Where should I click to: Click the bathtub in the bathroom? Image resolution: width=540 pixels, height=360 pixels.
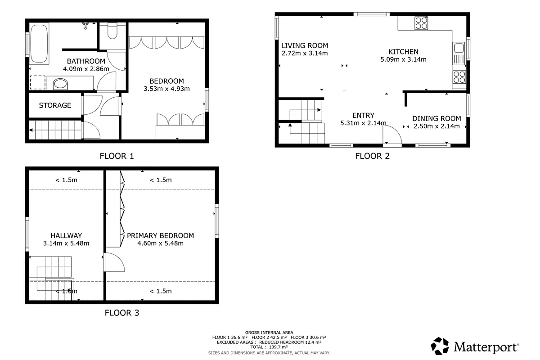(x=39, y=43)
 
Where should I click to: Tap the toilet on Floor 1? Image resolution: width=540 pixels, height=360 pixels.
(x=112, y=31)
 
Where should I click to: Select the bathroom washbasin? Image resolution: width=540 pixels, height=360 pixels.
(x=60, y=84)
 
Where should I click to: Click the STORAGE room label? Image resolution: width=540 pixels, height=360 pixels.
(x=55, y=105)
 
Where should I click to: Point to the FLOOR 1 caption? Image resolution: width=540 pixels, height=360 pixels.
(x=117, y=156)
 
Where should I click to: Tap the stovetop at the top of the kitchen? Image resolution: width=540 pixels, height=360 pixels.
(x=421, y=23)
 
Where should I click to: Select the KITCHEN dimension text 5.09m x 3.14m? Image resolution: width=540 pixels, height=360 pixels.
(x=403, y=59)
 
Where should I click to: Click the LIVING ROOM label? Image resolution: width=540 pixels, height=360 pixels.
(x=305, y=45)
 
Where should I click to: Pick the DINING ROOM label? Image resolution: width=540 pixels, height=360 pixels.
(x=436, y=119)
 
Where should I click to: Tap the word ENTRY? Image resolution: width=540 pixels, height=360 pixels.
(x=363, y=115)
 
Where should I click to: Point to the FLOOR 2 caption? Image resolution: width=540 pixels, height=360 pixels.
(x=372, y=156)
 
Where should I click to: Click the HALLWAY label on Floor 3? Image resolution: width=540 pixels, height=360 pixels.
(x=66, y=236)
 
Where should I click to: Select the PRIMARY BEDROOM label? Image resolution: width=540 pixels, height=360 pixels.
(x=160, y=236)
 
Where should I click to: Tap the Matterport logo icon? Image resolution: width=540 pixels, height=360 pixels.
(x=440, y=346)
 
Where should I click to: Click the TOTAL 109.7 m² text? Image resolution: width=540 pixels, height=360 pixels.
(x=269, y=347)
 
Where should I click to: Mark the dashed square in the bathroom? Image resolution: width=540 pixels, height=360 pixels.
(x=38, y=82)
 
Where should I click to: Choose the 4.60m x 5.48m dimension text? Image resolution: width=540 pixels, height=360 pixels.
(x=160, y=243)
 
